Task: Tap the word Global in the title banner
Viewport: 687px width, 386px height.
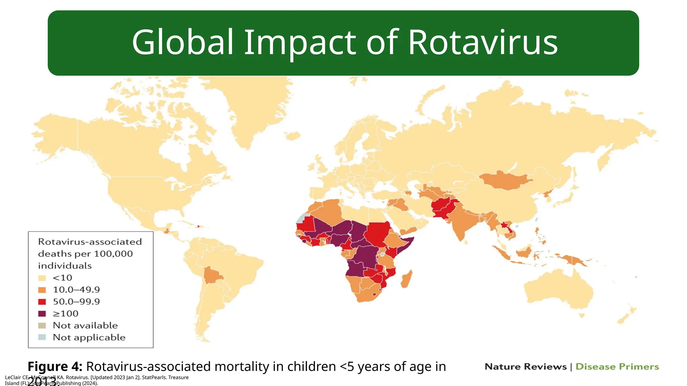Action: click(182, 43)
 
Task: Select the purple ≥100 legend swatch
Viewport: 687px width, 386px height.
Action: click(42, 314)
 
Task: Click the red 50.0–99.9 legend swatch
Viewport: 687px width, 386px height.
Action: click(42, 302)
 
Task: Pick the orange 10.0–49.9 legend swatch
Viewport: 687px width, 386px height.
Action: click(42, 290)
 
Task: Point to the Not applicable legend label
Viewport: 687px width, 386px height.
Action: click(89, 337)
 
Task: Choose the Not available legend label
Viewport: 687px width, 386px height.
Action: click(85, 325)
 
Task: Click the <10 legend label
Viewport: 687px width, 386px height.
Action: click(62, 278)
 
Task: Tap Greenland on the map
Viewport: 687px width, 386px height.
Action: click(255, 107)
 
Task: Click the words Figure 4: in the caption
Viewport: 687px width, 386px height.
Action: click(55, 367)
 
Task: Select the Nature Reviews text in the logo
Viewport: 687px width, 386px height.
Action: click(525, 367)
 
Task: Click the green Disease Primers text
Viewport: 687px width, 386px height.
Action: click(617, 367)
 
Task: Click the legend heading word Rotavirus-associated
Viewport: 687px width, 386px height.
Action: click(90, 242)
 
